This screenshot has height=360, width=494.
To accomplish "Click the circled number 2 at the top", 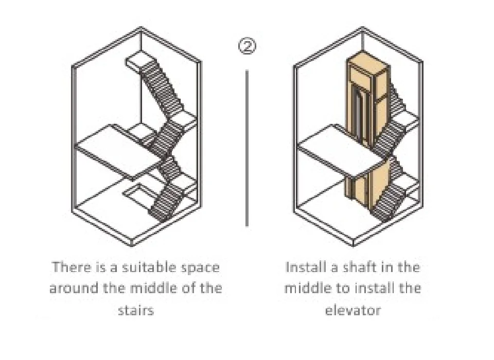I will pyautogui.click(x=247, y=47).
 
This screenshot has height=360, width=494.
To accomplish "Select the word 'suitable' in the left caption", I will pyautogui.click(x=147, y=267).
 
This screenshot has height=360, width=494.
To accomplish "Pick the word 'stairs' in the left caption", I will pyautogui.click(x=136, y=310).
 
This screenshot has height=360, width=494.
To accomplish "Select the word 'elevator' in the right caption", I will pyautogui.click(x=353, y=310).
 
